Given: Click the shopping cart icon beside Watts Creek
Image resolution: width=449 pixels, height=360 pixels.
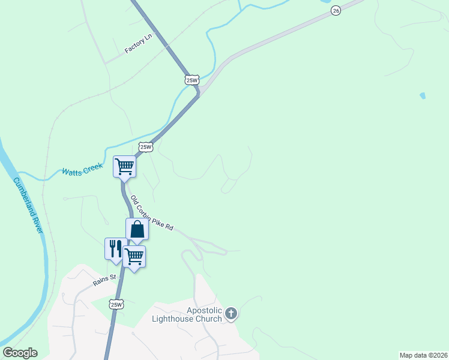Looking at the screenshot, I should point(125,166).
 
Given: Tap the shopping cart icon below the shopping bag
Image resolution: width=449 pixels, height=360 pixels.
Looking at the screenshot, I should point(134,256).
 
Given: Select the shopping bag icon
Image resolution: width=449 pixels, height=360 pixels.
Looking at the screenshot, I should point(137,229).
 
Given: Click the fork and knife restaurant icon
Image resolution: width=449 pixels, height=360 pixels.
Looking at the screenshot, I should point(115,248).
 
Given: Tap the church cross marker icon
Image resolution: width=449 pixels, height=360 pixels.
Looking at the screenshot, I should point(231,313).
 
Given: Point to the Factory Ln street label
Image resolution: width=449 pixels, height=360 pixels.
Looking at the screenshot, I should point(139,44).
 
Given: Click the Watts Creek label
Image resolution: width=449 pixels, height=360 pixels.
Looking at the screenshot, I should point(82,171).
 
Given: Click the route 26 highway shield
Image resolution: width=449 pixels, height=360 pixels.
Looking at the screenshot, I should point(335,11).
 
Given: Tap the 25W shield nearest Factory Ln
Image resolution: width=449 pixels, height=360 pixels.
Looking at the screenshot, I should point(191,80).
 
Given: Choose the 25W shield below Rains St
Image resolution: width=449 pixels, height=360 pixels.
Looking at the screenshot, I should point(116,305).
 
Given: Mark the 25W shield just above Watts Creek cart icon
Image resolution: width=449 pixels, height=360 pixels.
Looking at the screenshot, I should point(146,147).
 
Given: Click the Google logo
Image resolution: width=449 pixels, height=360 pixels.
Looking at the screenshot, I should point(20,353).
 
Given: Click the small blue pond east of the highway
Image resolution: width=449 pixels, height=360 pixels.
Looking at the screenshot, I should point(423,95).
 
